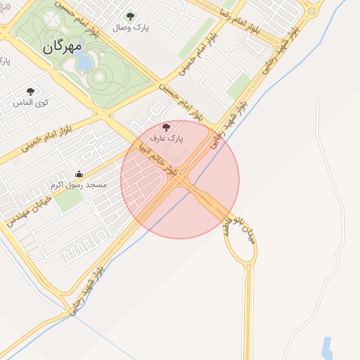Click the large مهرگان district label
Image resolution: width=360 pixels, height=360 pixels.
point(63,46)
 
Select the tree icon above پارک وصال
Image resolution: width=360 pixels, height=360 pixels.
point(129,16)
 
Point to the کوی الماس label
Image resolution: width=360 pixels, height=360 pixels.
point(31,103)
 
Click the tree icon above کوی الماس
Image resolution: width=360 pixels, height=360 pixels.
point(30,91)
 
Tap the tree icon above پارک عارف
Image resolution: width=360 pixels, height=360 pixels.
point(166,127)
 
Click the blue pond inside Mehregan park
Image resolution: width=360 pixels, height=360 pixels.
point(84,63)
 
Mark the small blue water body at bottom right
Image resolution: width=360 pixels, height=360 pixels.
point(326,347)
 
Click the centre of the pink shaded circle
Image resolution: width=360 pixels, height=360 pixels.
point(180,179)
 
